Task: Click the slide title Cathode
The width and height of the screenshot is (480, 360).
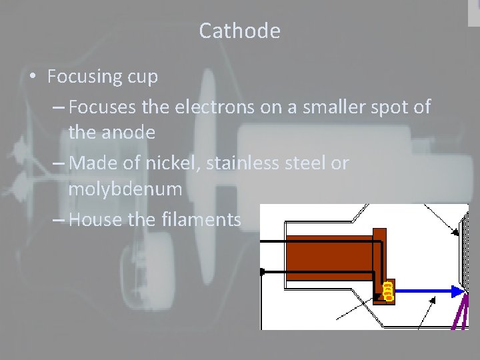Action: (239, 31)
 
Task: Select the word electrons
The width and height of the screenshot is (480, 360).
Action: (212, 106)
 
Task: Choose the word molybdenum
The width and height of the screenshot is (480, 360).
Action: (125, 190)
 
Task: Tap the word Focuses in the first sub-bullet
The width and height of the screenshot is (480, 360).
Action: (101, 106)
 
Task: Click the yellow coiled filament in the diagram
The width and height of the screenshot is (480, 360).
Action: (387, 289)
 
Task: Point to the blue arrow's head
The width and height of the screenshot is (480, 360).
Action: (458, 291)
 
